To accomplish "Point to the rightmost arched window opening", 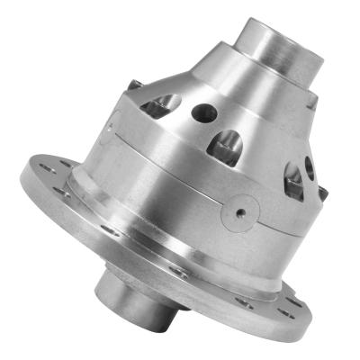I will pyautogui.click(x=293, y=180).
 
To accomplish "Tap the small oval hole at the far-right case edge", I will pyautogui.click(x=309, y=166).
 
